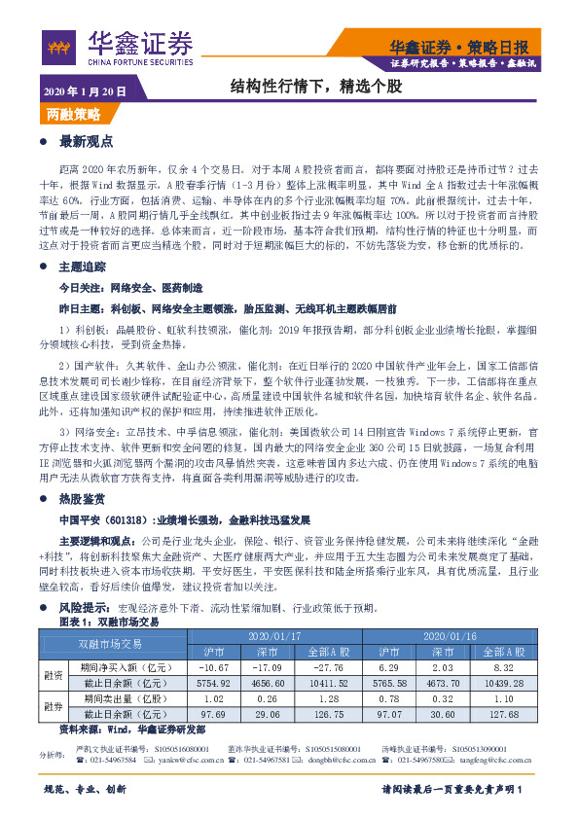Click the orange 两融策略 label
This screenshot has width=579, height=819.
point(75,114)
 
